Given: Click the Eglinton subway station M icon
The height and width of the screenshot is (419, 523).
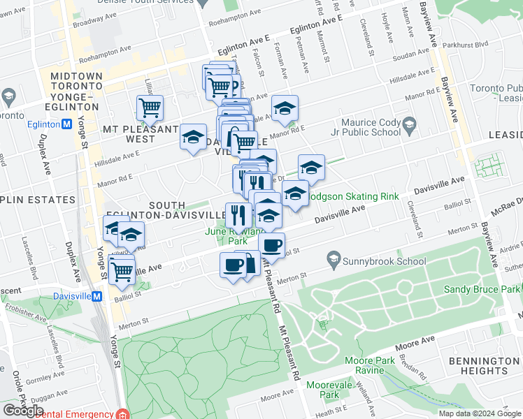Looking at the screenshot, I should pos(67,124).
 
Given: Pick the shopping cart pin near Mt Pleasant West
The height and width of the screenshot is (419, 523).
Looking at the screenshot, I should pos(150,108).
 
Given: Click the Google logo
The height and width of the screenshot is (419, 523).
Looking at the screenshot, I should pos(22,411).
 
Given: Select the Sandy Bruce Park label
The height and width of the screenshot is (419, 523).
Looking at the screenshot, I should pos(482,289).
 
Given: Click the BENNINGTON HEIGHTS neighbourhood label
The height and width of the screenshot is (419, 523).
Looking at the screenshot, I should pos(484,366).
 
